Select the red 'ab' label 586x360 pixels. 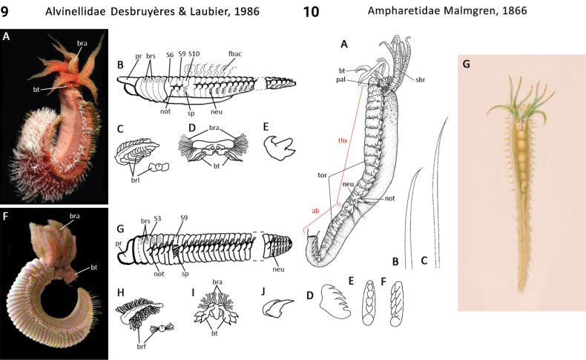point(316,211)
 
